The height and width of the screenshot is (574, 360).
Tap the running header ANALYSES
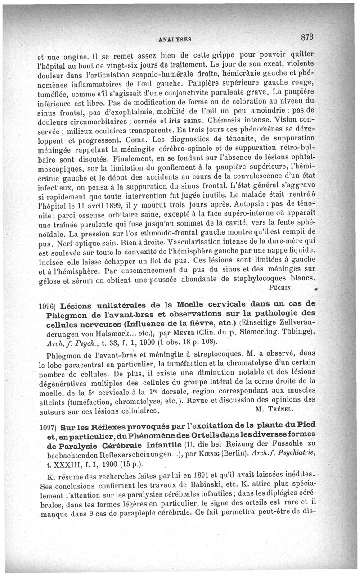tap(175, 40)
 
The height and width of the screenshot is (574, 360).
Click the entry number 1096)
tap(48, 305)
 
